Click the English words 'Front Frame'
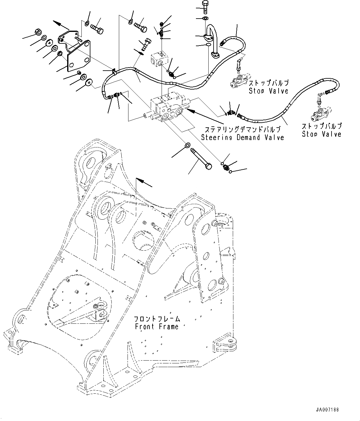tap(157, 327)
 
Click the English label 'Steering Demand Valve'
tap(242, 137)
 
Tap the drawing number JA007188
tap(327, 410)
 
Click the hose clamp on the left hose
tap(114, 72)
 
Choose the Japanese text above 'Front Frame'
tap(157, 318)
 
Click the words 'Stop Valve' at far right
tap(322, 134)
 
